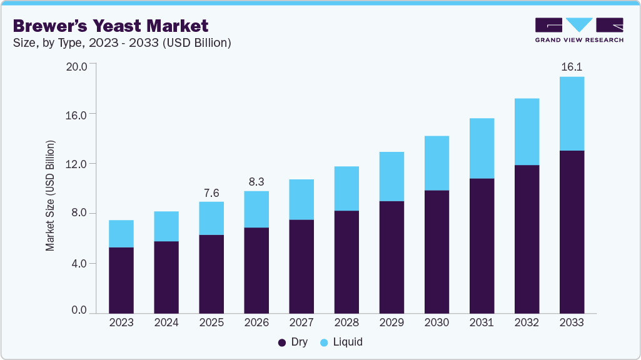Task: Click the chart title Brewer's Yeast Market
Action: coord(111,26)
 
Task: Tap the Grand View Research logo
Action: coord(579,30)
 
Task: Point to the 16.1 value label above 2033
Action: coord(572,66)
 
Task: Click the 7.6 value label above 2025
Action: coord(211,192)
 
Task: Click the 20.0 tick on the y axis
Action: coord(76,64)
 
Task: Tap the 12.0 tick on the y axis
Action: coord(76,164)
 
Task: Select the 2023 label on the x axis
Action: coord(121,323)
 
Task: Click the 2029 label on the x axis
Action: coord(391,323)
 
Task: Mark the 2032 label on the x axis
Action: coord(527,323)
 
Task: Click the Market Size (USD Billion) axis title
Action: coord(50,196)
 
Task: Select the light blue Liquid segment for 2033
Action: coord(572,114)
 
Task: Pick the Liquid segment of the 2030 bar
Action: coord(437,163)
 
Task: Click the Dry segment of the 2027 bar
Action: coord(301,266)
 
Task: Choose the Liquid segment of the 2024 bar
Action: coord(166,226)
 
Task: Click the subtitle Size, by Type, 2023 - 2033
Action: coord(123,43)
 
